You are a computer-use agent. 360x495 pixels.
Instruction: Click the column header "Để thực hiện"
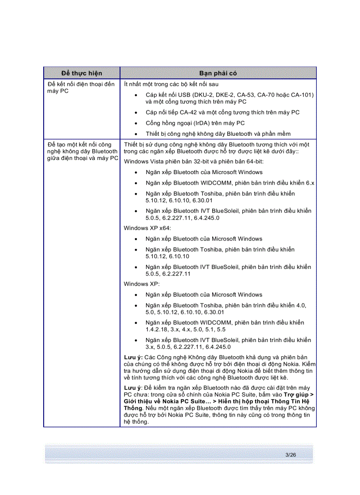click(x=82, y=73)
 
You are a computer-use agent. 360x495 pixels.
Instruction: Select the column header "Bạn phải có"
click(x=218, y=73)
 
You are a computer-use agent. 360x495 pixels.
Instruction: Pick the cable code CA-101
click(x=302, y=95)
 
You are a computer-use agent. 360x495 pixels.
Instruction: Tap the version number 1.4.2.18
click(x=158, y=329)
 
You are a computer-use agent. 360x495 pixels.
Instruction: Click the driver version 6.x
click(x=310, y=183)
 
